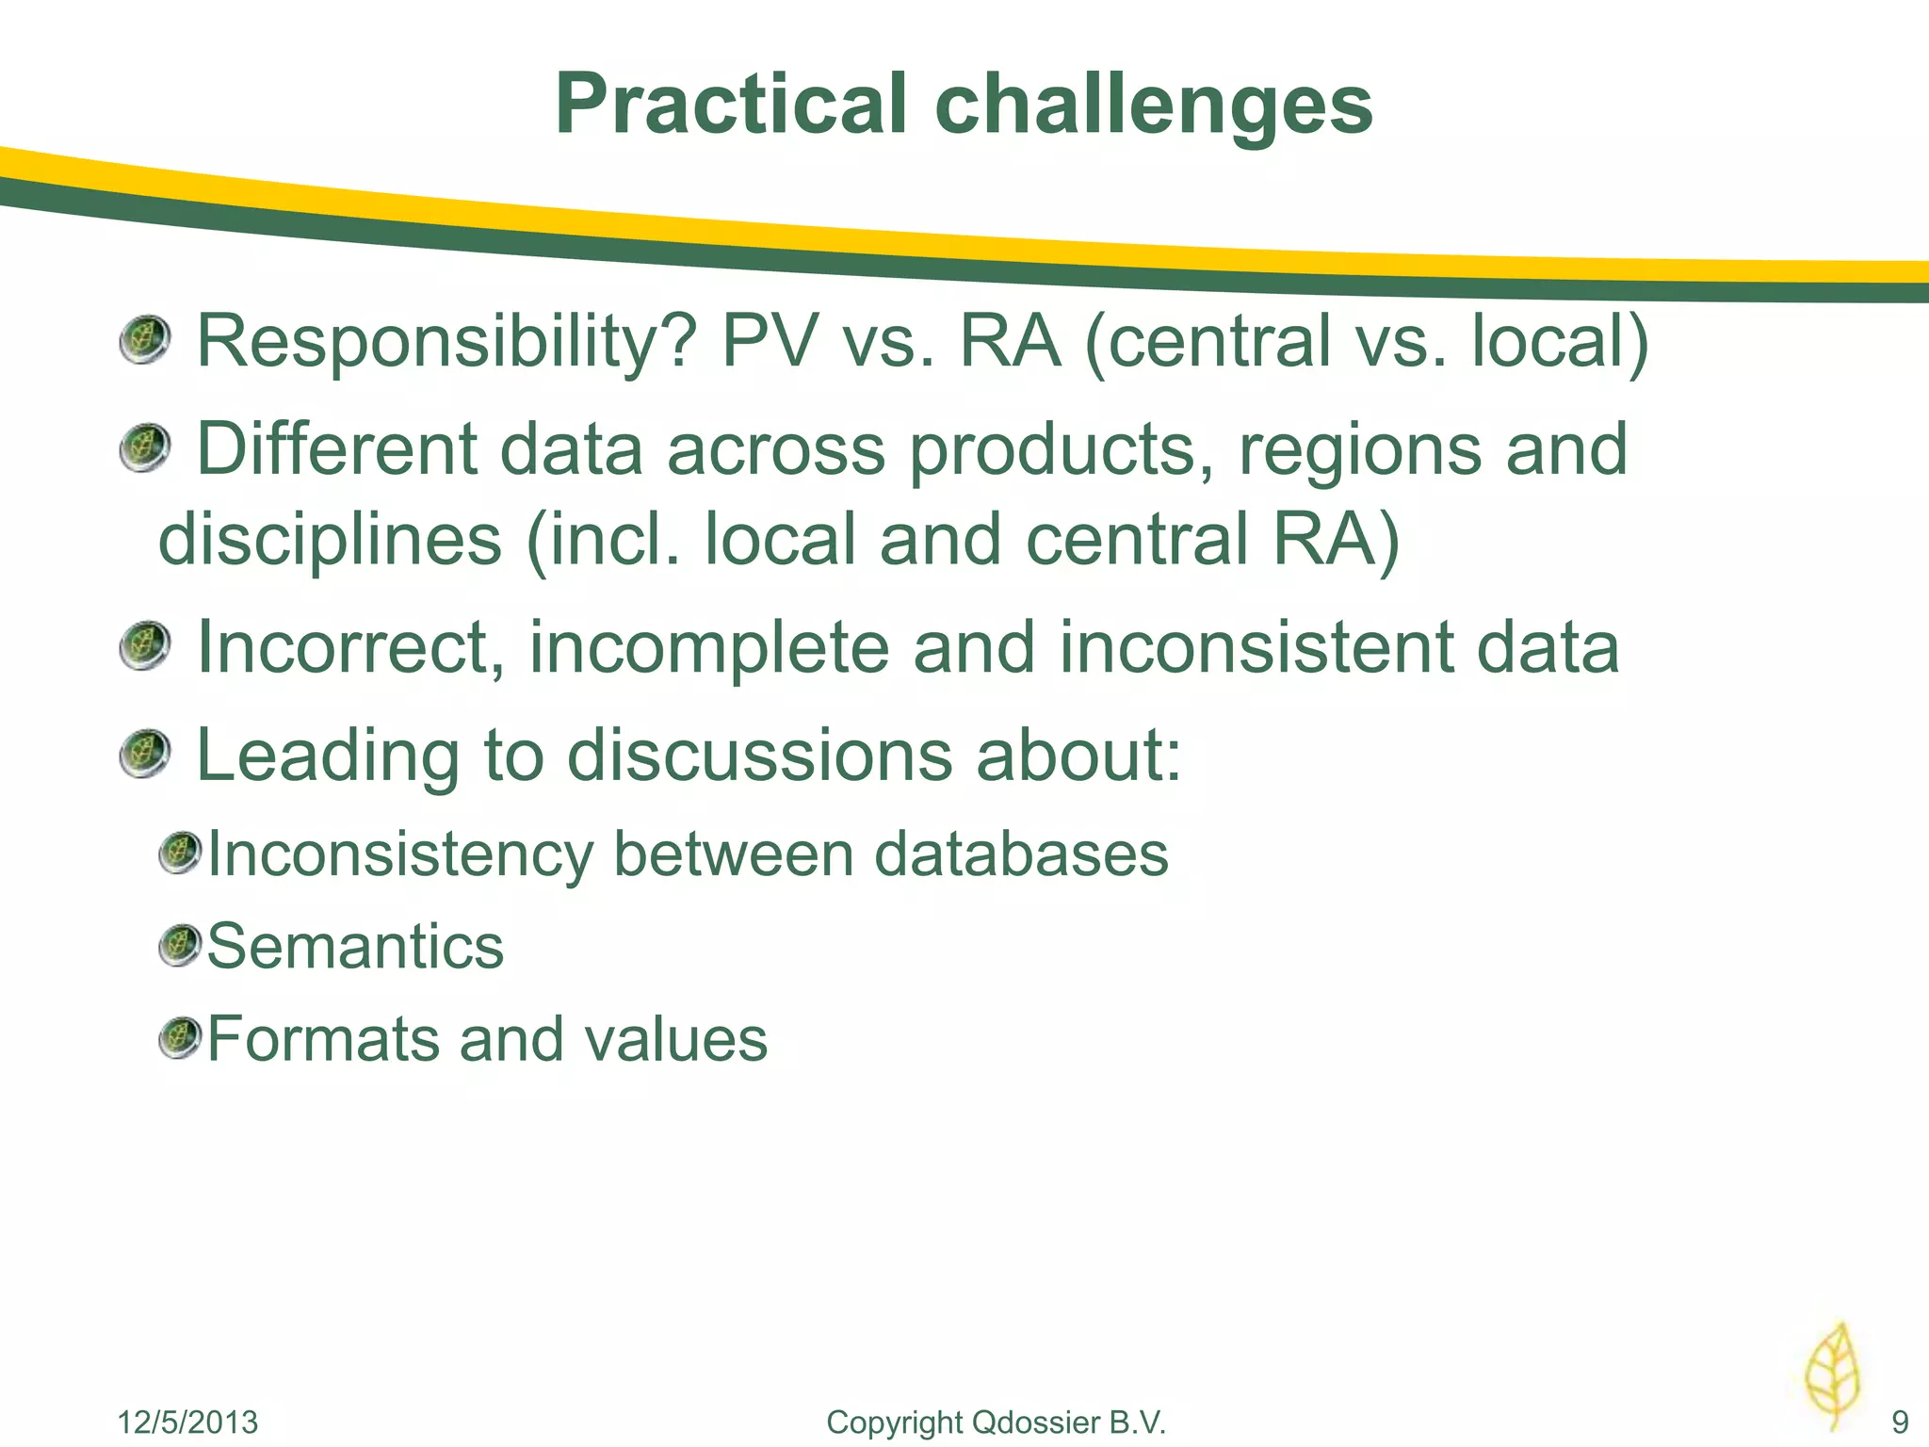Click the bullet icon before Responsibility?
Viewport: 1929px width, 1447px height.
point(144,341)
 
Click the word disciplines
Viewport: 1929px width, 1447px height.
point(330,540)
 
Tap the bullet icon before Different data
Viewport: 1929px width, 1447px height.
point(144,448)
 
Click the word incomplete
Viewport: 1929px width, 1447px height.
point(708,648)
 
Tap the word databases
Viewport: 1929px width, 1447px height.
point(1021,854)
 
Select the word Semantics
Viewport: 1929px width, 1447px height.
point(355,947)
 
